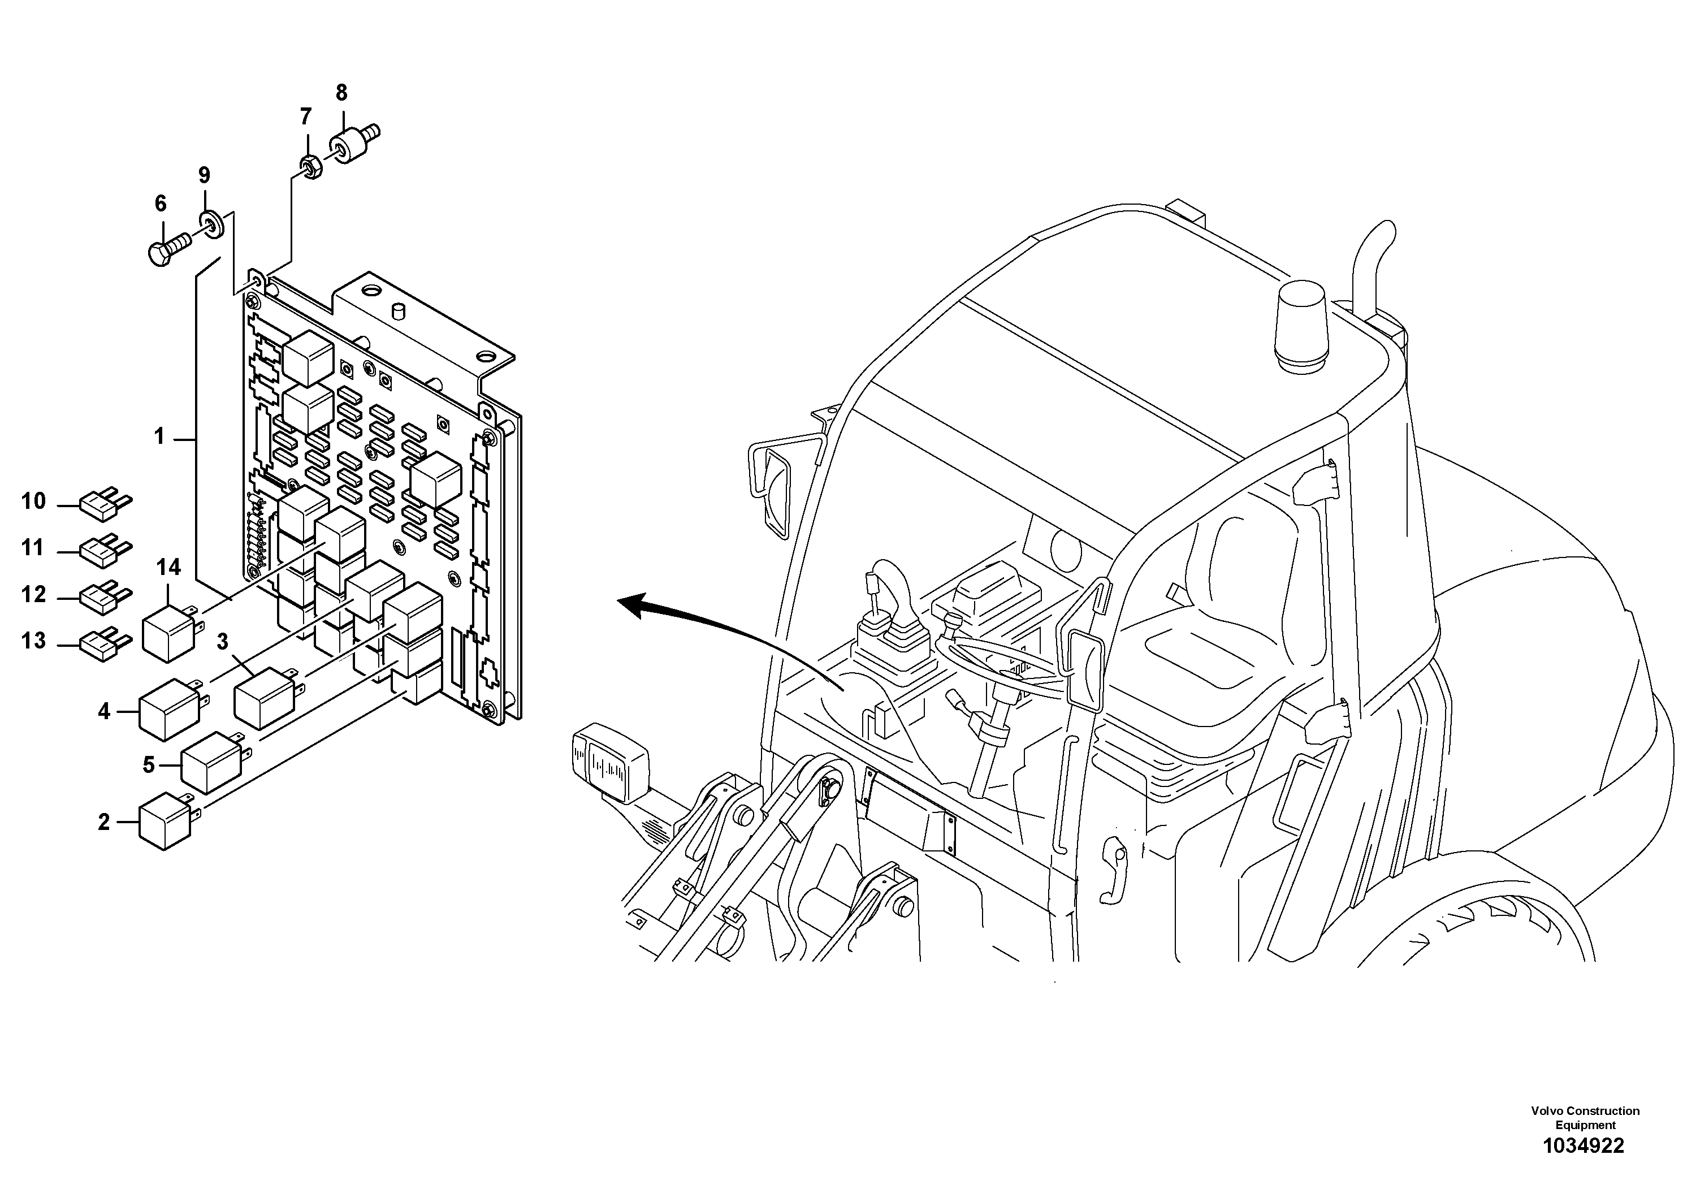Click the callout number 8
click(x=341, y=93)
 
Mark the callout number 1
click(x=159, y=438)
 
